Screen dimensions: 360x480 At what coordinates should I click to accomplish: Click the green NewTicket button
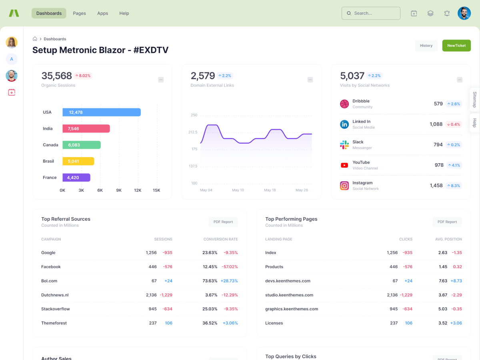[x=456, y=46]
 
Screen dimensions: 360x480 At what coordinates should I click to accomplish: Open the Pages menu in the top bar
[x=79, y=13]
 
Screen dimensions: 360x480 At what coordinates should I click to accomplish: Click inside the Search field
[x=371, y=13]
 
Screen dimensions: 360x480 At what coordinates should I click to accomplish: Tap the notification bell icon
[x=447, y=13]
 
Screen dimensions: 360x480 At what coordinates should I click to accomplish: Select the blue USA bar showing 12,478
[x=102, y=112]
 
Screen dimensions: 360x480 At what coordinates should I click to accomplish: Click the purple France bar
[x=76, y=178]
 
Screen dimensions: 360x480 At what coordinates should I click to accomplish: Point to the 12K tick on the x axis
[x=138, y=190]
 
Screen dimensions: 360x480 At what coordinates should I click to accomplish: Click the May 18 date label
[x=270, y=190]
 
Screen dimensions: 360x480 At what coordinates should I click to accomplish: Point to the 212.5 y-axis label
[x=193, y=132]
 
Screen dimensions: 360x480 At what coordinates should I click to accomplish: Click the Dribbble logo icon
[x=344, y=104]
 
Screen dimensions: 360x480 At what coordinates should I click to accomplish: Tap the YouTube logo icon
[x=344, y=165]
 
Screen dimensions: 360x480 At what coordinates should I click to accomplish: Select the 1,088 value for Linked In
[x=436, y=124]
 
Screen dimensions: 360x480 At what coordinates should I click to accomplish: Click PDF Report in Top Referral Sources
[x=223, y=222]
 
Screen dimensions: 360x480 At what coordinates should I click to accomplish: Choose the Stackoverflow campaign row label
[x=56, y=309]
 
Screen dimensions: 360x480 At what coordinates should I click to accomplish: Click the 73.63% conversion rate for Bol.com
[x=210, y=281]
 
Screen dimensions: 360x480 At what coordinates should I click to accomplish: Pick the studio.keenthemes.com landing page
[x=289, y=295]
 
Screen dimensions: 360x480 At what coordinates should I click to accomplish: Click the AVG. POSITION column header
[x=448, y=239]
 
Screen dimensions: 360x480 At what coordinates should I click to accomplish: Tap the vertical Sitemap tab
[x=475, y=99]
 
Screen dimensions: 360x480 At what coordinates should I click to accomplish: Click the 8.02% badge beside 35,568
[x=83, y=76]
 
